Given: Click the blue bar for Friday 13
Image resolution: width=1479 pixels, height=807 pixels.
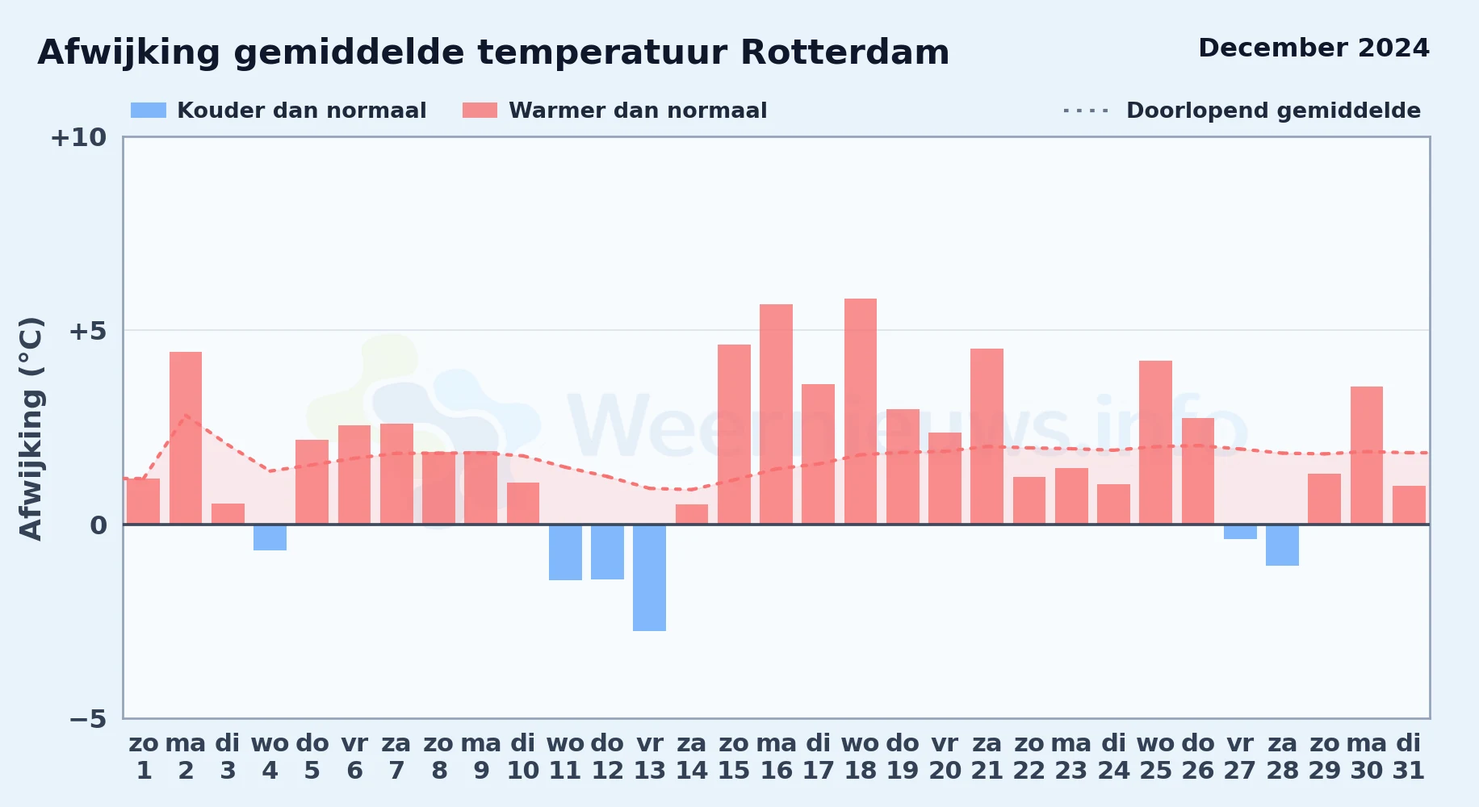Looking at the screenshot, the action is tap(649, 578).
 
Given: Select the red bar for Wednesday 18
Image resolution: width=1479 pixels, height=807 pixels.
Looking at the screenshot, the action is tap(861, 412).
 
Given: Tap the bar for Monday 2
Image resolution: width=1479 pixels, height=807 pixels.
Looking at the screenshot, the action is tap(186, 438).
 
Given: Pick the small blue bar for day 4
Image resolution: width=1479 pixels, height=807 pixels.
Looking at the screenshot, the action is tap(270, 537).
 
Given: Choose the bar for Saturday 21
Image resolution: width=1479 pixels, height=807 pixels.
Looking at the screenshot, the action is tap(987, 437).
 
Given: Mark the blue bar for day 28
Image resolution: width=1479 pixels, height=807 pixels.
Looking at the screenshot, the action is tap(1282, 546).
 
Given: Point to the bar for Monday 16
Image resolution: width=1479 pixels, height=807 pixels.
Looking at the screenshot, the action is tap(776, 414).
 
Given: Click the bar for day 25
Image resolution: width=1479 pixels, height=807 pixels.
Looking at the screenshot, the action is tap(1155, 442).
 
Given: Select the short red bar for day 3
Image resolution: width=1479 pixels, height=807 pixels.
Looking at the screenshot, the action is tap(228, 514).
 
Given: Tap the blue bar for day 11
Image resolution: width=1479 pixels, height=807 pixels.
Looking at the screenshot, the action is tap(565, 553).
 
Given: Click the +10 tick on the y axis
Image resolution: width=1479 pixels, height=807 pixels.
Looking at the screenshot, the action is tap(78, 137).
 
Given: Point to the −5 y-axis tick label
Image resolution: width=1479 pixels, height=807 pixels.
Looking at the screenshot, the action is tap(88, 718).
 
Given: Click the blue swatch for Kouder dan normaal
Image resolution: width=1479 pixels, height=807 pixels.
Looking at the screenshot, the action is tap(149, 111).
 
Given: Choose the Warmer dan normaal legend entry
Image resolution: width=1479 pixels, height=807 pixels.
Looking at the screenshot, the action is tap(615, 111).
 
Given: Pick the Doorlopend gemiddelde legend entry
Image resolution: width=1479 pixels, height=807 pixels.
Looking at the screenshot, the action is tap(1242, 111).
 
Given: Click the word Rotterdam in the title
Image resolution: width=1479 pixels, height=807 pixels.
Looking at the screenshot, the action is tap(844, 52).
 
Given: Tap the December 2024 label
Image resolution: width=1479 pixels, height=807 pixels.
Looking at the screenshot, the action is tap(1314, 48).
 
